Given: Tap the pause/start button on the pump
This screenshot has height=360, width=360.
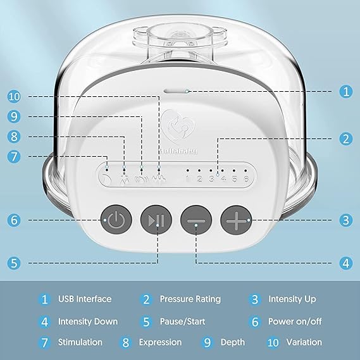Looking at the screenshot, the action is click(x=156, y=220).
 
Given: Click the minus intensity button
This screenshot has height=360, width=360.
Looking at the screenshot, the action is click(x=196, y=220).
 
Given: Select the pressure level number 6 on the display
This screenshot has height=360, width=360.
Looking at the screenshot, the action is click(x=246, y=178).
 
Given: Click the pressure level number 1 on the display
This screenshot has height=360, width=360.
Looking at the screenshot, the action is click(x=187, y=178).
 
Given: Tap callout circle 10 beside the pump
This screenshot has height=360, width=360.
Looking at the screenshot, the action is click(x=14, y=96).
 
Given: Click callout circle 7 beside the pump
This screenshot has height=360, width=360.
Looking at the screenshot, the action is click(x=14, y=156).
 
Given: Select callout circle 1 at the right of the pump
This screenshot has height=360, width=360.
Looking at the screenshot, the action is click(x=346, y=92).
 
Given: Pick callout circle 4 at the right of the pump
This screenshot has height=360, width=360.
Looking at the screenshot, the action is click(x=346, y=263).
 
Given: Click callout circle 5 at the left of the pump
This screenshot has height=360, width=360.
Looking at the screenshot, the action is click(x=14, y=263).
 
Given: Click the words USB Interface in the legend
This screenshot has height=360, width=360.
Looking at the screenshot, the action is click(x=85, y=299).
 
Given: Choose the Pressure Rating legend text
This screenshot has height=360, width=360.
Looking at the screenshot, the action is click(x=190, y=299).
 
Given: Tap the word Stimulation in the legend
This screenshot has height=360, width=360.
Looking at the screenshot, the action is click(x=80, y=342).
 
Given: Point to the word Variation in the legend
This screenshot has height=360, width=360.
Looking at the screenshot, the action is click(x=304, y=342).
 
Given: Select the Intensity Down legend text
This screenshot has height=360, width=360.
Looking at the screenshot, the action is click(x=88, y=321).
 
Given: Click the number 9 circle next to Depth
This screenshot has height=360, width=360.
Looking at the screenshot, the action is click(x=207, y=342).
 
